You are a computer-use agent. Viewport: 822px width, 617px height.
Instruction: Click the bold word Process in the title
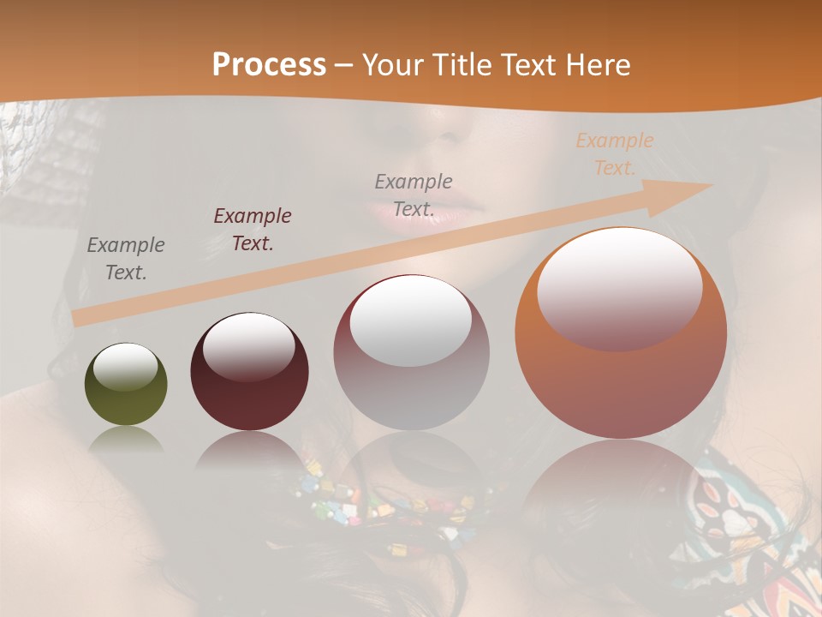tap(269, 65)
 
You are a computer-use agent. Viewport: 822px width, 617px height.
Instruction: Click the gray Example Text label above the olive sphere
tap(126, 259)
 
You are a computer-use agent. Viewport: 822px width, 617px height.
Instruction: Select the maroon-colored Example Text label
tap(252, 229)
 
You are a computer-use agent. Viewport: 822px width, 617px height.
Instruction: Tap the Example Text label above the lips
tap(414, 195)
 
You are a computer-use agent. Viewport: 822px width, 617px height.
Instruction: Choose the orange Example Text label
tap(614, 154)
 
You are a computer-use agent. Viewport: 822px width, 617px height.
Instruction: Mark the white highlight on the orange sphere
tap(620, 289)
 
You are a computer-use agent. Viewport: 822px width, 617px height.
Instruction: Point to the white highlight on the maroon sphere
tap(248, 346)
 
